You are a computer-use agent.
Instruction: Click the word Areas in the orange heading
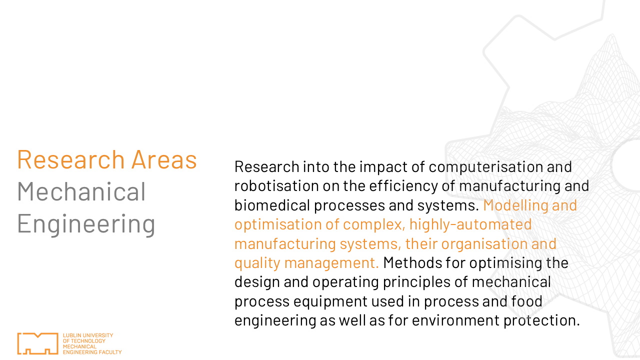click(164, 159)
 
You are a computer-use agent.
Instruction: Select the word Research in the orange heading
click(71, 159)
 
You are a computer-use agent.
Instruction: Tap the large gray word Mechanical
click(81, 191)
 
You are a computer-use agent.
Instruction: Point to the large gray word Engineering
click(86, 224)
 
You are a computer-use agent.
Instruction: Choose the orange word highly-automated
click(470, 225)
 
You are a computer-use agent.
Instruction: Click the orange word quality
click(257, 263)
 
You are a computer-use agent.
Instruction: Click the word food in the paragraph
click(526, 301)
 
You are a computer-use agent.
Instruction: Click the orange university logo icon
click(37, 343)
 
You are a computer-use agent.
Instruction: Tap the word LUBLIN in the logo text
click(69, 335)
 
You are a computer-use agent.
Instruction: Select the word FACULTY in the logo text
click(110, 352)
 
